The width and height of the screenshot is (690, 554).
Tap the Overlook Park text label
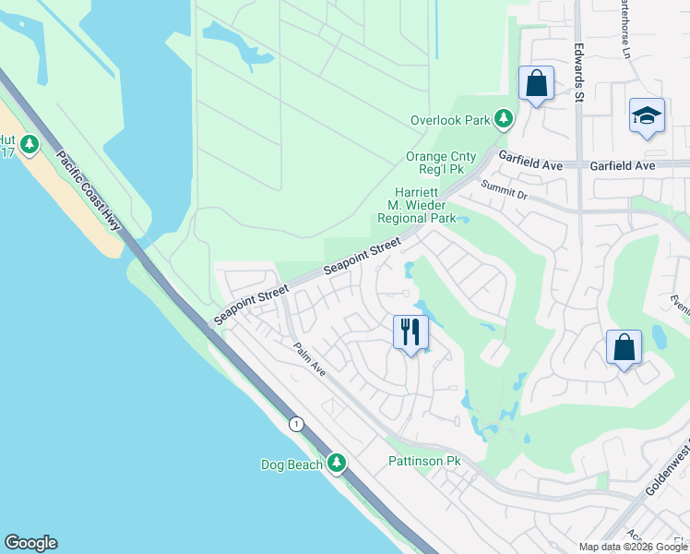click(451, 120)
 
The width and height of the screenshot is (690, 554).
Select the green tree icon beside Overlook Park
click(504, 118)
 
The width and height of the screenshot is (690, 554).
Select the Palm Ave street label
click(310, 359)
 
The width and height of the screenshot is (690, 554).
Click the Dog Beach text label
click(291, 464)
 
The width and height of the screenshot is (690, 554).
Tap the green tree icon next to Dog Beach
click(339, 462)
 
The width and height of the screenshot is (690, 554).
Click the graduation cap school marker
click(647, 116)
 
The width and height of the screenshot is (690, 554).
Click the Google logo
click(30, 543)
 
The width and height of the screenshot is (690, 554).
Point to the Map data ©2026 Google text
click(632, 547)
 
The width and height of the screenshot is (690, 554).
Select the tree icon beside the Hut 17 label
click(30, 144)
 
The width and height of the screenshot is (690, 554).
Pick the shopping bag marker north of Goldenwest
click(624, 348)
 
